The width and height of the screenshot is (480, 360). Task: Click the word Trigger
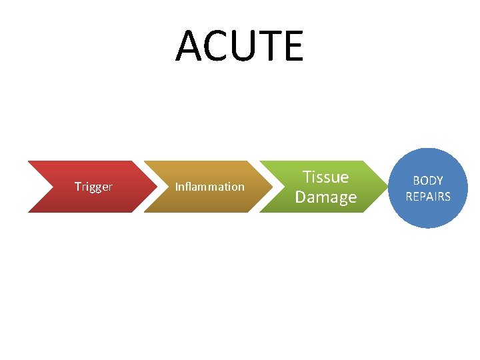[x=93, y=187]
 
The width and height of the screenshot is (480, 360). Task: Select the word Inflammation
[x=209, y=187]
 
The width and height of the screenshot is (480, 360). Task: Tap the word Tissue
[x=325, y=177]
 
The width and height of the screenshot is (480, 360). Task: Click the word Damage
[x=325, y=197]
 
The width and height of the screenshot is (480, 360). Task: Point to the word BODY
[x=428, y=181]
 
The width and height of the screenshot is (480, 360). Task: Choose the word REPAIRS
[x=428, y=197]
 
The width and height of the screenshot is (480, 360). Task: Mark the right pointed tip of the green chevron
[x=385, y=187]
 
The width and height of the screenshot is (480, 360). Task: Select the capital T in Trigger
[x=77, y=187]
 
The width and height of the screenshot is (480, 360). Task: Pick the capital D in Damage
[x=301, y=197]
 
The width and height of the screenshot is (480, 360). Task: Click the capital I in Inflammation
[x=176, y=187]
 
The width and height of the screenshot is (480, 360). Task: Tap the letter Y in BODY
[x=439, y=181]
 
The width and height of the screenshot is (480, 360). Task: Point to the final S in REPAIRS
[x=447, y=197]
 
